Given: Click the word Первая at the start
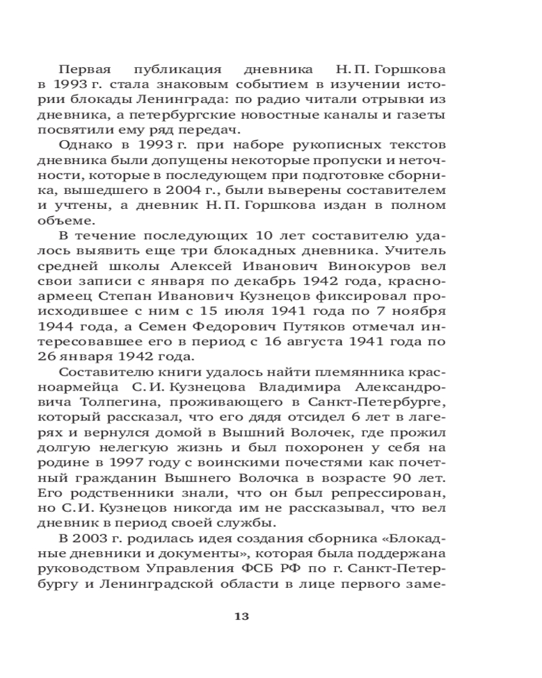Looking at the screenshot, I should tap(83, 70).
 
